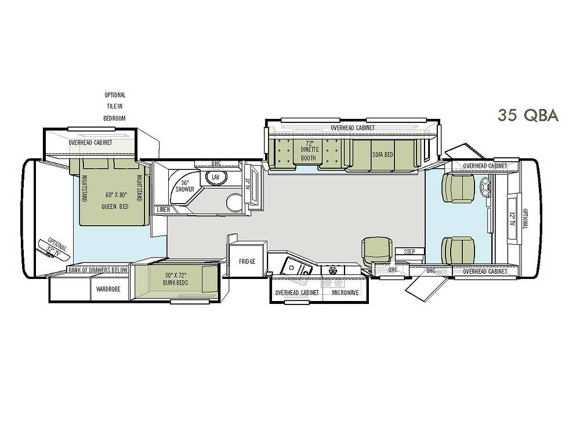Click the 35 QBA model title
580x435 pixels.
528,115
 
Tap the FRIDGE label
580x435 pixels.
247,262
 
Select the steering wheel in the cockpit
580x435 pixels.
485,187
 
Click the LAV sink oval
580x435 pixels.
215,177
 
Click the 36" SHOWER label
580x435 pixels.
184,186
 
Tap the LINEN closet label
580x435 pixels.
164,210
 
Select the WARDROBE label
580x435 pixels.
108,289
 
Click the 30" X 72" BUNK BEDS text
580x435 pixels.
176,279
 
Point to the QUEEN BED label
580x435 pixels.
115,207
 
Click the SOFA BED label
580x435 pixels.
383,155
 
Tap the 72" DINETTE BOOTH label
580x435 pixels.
308,151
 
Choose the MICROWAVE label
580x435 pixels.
346,292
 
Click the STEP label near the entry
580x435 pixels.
409,252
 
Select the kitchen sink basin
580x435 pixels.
296,267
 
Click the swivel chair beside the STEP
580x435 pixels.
376,251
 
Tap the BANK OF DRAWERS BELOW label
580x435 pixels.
98,270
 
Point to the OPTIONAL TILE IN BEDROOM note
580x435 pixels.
115,107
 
